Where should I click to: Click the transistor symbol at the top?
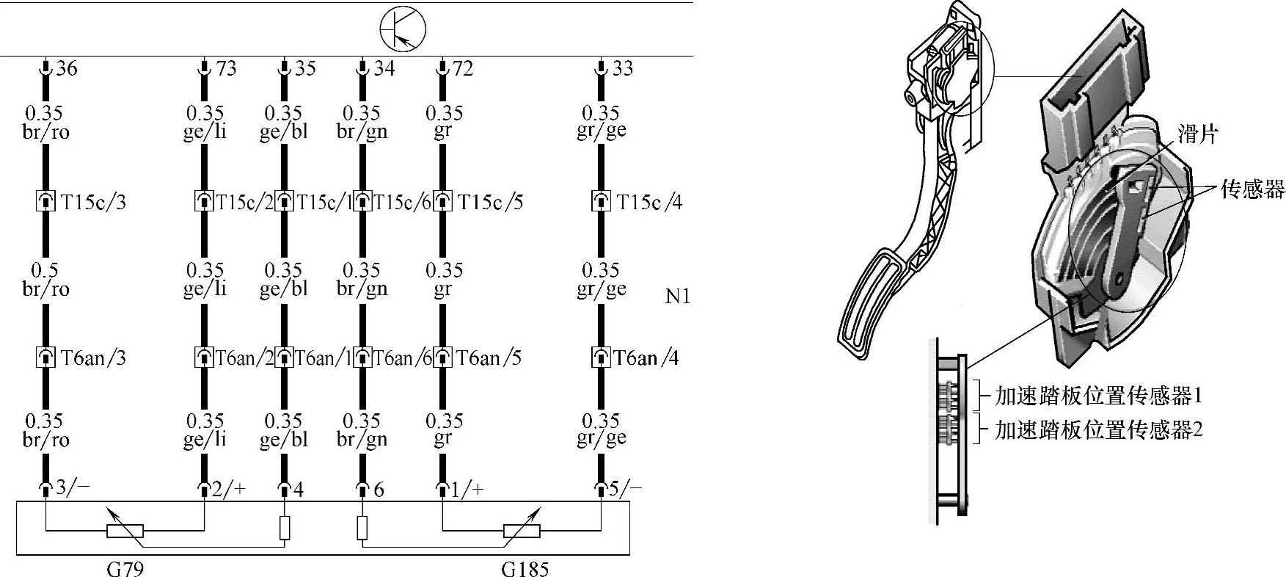pyautogui.click(x=403, y=29)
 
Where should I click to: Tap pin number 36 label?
pyautogui.click(x=67, y=68)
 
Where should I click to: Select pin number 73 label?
pyautogui.click(x=227, y=68)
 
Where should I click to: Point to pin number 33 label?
pyautogui.click(x=622, y=68)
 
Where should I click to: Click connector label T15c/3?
pyautogui.click(x=93, y=202)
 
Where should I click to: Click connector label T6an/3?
pyautogui.click(x=93, y=358)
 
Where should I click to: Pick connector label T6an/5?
pyautogui.click(x=489, y=358)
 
